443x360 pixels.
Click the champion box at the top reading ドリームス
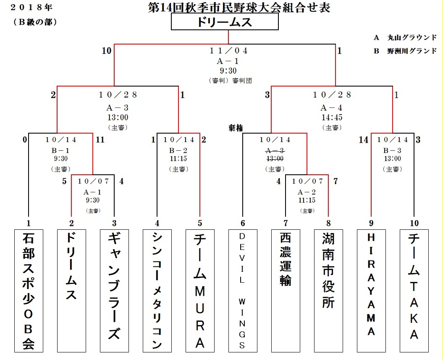point(225,23)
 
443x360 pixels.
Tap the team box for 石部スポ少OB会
point(29,290)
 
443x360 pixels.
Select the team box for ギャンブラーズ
point(114,290)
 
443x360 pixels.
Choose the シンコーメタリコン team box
point(157,290)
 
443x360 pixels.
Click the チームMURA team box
point(200,290)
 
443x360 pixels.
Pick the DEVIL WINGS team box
point(242,290)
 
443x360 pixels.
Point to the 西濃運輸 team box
point(286,290)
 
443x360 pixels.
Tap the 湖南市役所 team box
point(328,290)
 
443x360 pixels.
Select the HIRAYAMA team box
point(371,290)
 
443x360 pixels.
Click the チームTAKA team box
point(414,290)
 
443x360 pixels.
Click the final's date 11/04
point(229,50)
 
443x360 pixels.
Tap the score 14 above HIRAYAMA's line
point(364,140)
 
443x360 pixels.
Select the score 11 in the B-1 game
point(100,140)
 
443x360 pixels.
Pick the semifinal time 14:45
point(332,118)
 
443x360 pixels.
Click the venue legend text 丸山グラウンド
point(414,38)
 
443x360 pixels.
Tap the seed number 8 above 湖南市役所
point(328,223)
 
